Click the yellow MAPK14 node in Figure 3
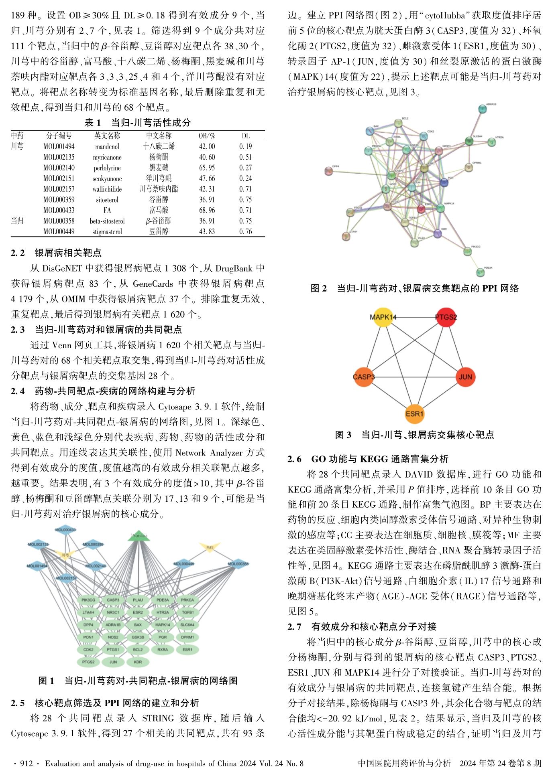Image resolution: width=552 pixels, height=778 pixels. coord(383,317)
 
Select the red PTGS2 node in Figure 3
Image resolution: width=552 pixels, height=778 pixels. coord(446,317)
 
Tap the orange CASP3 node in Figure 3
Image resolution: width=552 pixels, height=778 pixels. coord(364,377)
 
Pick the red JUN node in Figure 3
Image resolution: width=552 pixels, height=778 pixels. coord(465,377)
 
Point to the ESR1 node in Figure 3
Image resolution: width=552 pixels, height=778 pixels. coord(414,414)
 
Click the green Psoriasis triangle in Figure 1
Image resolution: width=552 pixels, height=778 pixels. coord(139,536)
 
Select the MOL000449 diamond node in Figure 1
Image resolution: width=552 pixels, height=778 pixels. coord(184,564)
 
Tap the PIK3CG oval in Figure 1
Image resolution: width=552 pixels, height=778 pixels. coord(88,600)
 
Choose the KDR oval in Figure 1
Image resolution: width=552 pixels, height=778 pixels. coord(138,662)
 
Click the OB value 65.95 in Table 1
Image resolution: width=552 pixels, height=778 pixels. coord(207,168)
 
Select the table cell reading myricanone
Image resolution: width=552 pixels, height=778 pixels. coord(107,158)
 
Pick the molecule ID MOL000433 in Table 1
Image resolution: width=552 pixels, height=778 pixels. coord(59,210)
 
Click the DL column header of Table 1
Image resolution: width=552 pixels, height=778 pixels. coord(246,136)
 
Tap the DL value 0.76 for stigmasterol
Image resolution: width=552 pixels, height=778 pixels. coord(246,231)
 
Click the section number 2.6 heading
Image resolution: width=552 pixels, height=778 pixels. coord(294,459)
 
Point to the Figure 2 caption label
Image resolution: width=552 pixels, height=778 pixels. coord(319,288)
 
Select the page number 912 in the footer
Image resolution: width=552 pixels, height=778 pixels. coord(26,764)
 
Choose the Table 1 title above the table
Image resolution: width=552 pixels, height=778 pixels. coord(137,123)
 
